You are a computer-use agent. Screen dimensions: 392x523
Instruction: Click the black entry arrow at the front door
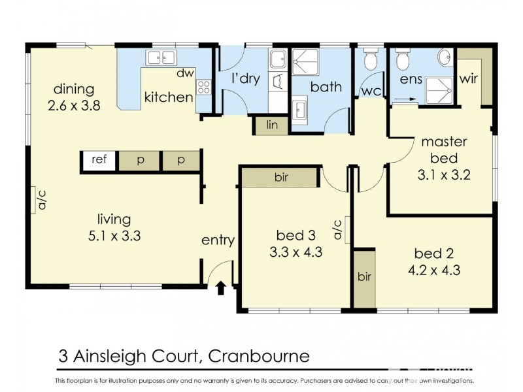click(x=220, y=286)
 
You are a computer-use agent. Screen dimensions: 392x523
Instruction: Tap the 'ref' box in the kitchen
click(x=99, y=160)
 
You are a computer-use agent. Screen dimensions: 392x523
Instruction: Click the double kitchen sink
click(x=161, y=57)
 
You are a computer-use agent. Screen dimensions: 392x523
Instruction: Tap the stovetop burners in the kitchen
click(x=204, y=86)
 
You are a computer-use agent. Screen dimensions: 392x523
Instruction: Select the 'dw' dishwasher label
click(x=185, y=73)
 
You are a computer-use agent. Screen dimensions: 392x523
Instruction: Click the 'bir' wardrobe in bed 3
click(x=280, y=176)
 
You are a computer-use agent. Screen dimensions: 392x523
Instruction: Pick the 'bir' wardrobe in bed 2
click(x=364, y=277)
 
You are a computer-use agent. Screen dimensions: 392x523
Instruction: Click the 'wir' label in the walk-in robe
click(x=469, y=80)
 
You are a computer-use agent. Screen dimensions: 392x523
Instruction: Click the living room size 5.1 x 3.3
click(x=114, y=236)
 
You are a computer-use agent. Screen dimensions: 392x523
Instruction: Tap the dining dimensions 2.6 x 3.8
click(x=74, y=105)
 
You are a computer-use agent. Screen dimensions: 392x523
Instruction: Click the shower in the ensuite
click(x=439, y=90)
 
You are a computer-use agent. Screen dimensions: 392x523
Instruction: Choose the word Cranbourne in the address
click(x=261, y=356)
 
